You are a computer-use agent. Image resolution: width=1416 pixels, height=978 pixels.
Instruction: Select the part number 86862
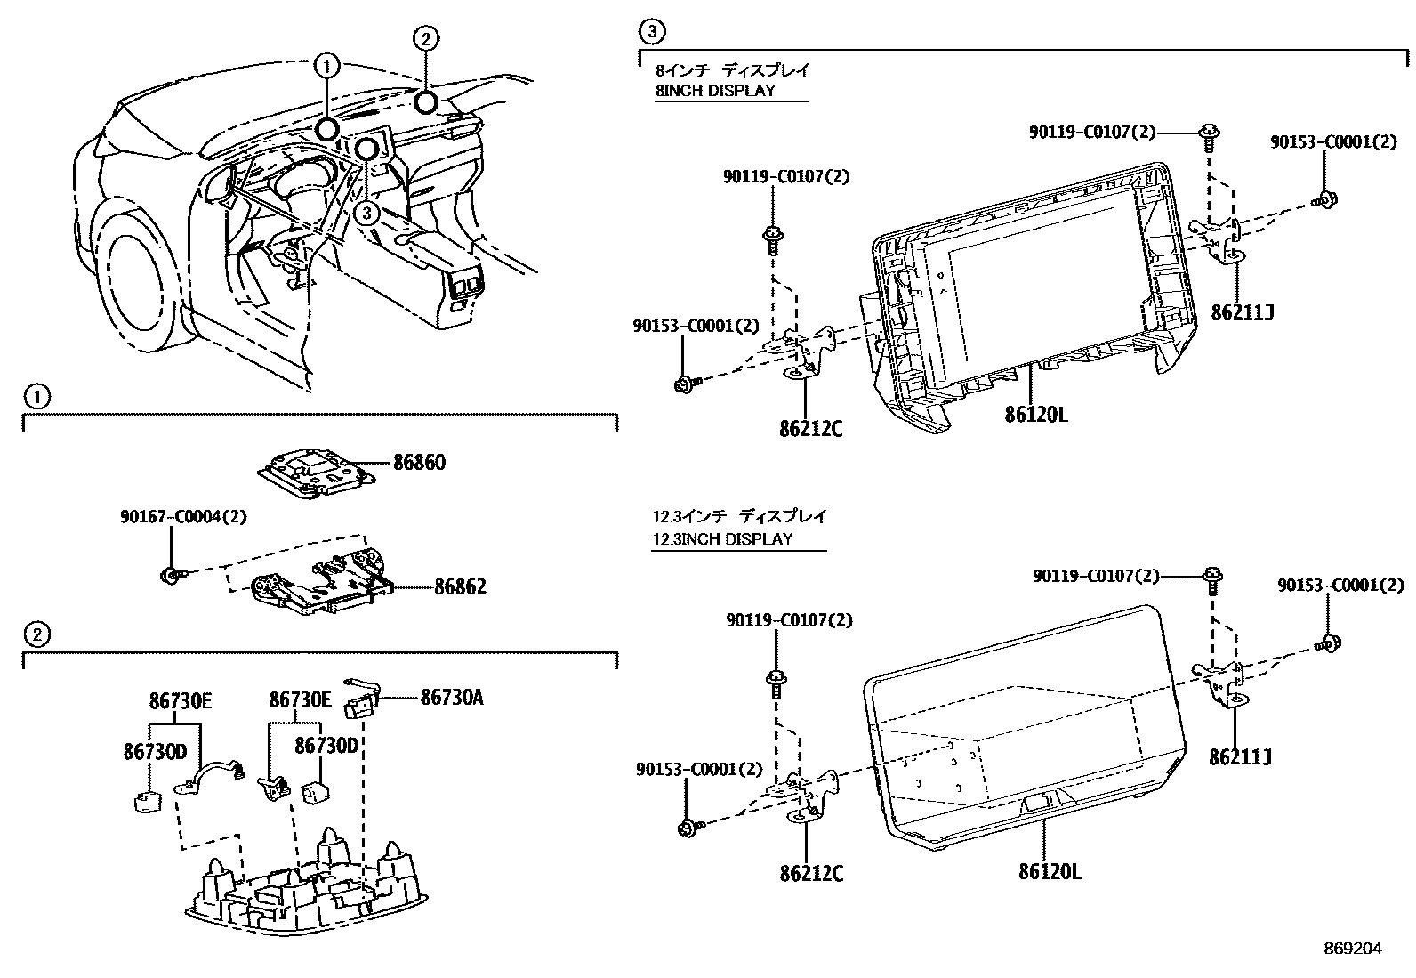click(x=460, y=588)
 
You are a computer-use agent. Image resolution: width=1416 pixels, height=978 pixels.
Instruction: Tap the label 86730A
click(x=451, y=698)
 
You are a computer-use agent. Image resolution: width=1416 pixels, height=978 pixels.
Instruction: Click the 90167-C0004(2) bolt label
click(x=183, y=516)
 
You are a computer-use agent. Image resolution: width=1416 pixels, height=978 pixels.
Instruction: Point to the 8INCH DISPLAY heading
click(x=715, y=90)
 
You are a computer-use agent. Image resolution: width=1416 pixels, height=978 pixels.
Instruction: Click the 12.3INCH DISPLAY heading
click(x=722, y=538)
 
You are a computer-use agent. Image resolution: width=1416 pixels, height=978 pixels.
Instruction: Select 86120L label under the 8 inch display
click(x=1036, y=415)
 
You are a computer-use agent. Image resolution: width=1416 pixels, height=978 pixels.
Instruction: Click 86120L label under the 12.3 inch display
click(x=1050, y=872)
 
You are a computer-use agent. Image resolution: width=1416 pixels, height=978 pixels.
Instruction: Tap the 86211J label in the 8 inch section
click(x=1243, y=312)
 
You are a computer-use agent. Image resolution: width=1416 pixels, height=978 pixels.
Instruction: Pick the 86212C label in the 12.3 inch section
click(x=810, y=874)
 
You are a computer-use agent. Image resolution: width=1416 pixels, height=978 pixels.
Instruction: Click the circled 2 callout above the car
click(x=425, y=38)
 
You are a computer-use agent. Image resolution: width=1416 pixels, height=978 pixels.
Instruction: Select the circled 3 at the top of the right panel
click(x=652, y=34)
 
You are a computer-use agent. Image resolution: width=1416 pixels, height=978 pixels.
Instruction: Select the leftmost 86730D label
click(x=155, y=753)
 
